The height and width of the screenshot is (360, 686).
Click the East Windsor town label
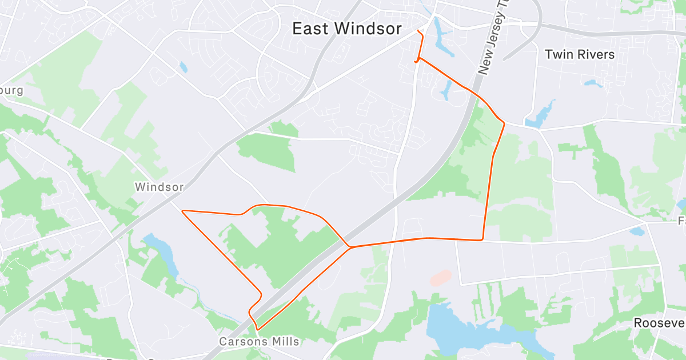tap(347, 29)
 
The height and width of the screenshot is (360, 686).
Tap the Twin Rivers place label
tap(580, 55)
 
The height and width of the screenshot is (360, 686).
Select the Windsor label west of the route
tap(159, 187)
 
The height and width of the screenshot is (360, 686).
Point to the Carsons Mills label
tap(259, 342)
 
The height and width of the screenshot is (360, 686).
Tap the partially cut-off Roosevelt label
tap(659, 323)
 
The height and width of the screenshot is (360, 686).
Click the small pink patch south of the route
tap(441, 278)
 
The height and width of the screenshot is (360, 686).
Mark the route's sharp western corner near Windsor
tap(183, 211)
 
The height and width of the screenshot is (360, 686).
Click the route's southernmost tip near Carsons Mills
tap(258, 330)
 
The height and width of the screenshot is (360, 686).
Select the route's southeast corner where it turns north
tap(483, 239)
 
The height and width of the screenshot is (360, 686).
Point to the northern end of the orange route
tap(418, 30)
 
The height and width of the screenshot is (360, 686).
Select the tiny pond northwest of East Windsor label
tap(183, 67)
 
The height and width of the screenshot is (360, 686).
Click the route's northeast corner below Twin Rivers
tap(504, 122)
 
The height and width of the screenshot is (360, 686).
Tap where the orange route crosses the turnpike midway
tap(349, 247)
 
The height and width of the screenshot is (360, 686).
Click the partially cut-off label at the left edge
tap(11, 91)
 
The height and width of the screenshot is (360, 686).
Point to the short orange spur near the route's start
tap(416, 60)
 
